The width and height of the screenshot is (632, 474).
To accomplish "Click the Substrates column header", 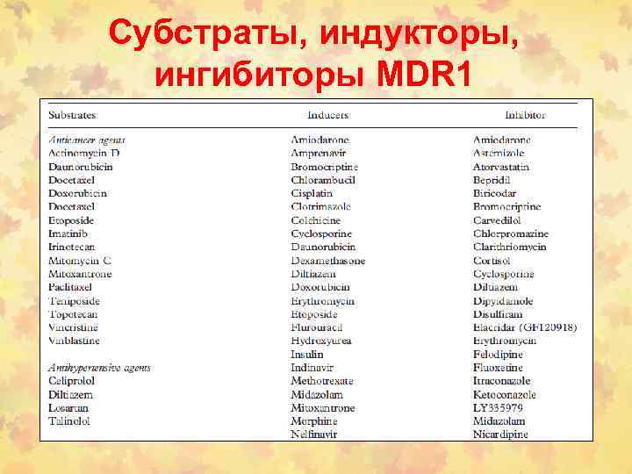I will click(x=72, y=115).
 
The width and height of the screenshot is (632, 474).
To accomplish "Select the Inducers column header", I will click(x=327, y=115).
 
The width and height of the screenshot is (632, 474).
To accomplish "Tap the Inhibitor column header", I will click(x=525, y=115).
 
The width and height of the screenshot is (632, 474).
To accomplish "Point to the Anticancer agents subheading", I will click(x=87, y=140).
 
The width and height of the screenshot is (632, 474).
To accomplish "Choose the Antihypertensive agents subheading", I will click(x=99, y=368).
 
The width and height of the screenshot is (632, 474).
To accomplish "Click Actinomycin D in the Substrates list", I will click(x=84, y=153).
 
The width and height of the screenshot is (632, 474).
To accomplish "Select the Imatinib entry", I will click(x=68, y=233).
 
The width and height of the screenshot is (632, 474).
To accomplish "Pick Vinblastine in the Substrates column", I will click(x=75, y=341).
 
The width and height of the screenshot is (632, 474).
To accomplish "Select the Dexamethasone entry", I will click(x=328, y=261).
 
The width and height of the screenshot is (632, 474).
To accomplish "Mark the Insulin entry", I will click(x=307, y=355).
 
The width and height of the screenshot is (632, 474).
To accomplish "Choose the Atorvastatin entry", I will click(x=501, y=166).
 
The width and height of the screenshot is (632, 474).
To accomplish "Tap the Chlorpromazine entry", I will click(x=511, y=233).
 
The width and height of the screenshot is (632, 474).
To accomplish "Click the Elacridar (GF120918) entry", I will click(x=525, y=327).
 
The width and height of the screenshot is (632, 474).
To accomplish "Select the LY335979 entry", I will click(x=498, y=408).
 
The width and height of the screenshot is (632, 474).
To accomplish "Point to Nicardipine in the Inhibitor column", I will click(x=501, y=434).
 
